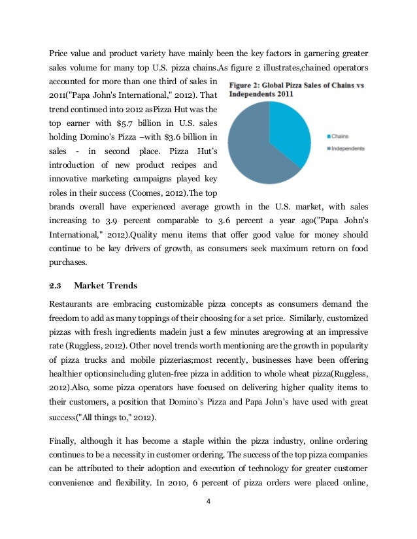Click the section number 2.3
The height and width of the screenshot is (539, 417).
tap(56, 285)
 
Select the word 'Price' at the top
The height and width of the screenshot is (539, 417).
tap(59, 53)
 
